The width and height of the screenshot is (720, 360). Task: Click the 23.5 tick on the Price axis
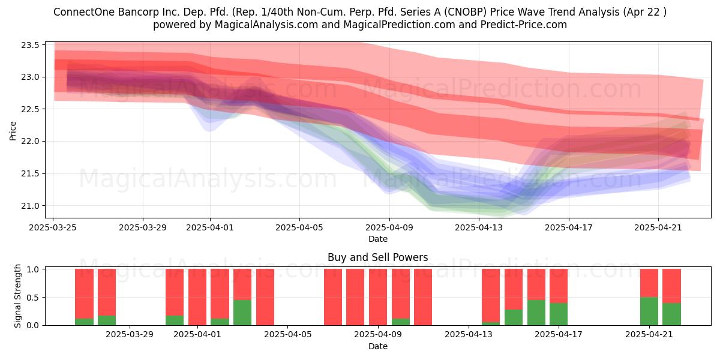[30, 45]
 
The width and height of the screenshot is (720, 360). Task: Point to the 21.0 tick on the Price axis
[30, 206]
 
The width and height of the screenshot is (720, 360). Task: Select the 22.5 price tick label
[30, 109]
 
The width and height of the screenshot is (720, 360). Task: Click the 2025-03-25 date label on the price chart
[53, 227]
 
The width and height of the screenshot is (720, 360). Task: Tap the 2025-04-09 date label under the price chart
[389, 227]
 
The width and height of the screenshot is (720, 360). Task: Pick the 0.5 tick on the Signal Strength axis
[32, 298]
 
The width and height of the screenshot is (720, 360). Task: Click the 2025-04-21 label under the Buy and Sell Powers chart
[649, 335]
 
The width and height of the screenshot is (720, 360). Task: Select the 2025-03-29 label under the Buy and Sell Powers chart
[130, 335]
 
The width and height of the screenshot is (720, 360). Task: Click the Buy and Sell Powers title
[377, 257]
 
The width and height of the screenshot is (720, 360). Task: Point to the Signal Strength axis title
[17, 296]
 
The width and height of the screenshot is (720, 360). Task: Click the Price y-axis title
[13, 131]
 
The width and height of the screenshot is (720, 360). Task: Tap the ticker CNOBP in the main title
[470, 12]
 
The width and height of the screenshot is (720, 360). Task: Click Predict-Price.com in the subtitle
[524, 25]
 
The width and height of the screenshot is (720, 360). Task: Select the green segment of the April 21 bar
[649, 311]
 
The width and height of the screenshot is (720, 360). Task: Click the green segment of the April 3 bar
[242, 313]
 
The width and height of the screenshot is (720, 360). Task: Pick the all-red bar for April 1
[197, 297]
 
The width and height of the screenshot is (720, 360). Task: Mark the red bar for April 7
[333, 297]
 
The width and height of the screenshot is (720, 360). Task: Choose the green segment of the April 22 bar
[671, 314]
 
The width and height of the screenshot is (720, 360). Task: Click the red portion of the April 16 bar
[536, 284]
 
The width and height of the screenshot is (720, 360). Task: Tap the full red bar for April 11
[423, 297]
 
